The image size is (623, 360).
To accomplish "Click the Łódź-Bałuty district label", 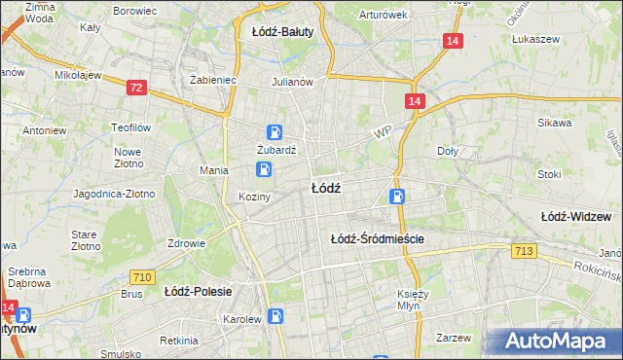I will [x=282, y=31].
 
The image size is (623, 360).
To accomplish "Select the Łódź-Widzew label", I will [x=582, y=215].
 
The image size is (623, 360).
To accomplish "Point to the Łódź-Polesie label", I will [x=196, y=290].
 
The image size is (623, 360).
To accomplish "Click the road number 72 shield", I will [x=136, y=89].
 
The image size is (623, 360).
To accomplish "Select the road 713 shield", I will [x=524, y=252].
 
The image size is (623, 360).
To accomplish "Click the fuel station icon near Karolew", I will [x=277, y=315].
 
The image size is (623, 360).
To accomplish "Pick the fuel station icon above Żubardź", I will [x=275, y=133].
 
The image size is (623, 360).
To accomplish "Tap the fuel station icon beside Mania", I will [x=263, y=170].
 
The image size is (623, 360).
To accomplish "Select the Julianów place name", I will [x=292, y=82].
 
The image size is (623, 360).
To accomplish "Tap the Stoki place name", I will [x=549, y=174].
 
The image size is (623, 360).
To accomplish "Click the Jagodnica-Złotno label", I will [x=114, y=194].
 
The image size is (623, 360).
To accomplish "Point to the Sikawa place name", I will [x=554, y=124].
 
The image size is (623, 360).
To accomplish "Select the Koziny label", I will [x=254, y=197].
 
